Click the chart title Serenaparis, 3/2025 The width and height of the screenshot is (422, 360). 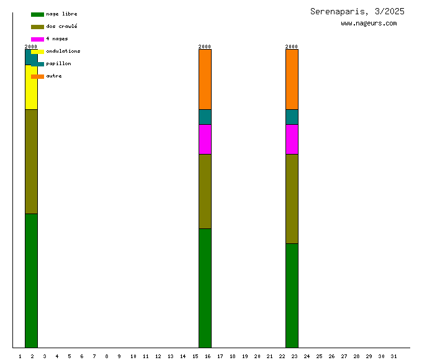pyautogui.click(x=357, y=11)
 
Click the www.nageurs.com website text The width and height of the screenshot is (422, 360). pyautogui.click(x=369, y=24)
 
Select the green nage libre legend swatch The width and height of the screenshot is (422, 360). pyautogui.click(x=37, y=14)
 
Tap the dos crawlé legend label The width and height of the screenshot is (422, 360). pyautogui.click(x=61, y=27)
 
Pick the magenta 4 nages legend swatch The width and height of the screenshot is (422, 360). pyautogui.click(x=37, y=39)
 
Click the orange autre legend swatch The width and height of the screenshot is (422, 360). pyautogui.click(x=37, y=76)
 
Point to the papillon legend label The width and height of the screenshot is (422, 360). pyautogui.click(x=58, y=64)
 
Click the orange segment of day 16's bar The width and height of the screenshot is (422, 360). pyautogui.click(x=205, y=79)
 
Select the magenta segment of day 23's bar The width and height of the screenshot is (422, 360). pyautogui.click(x=292, y=139)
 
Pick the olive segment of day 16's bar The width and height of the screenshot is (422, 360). pyautogui.click(x=205, y=191)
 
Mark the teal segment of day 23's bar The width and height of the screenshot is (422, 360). pyautogui.click(x=292, y=117)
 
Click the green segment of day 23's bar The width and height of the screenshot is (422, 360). pyautogui.click(x=292, y=295)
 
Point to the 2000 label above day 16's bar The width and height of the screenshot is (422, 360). pyautogui.click(x=205, y=47)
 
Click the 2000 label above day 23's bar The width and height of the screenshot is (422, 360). pyautogui.click(x=292, y=47)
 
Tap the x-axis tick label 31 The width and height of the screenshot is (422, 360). pyautogui.click(x=393, y=356)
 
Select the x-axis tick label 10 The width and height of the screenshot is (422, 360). pyautogui.click(x=133, y=356)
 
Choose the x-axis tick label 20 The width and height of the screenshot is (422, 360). pyautogui.click(x=257, y=356)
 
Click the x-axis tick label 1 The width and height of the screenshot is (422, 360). pyautogui.click(x=20, y=356)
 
